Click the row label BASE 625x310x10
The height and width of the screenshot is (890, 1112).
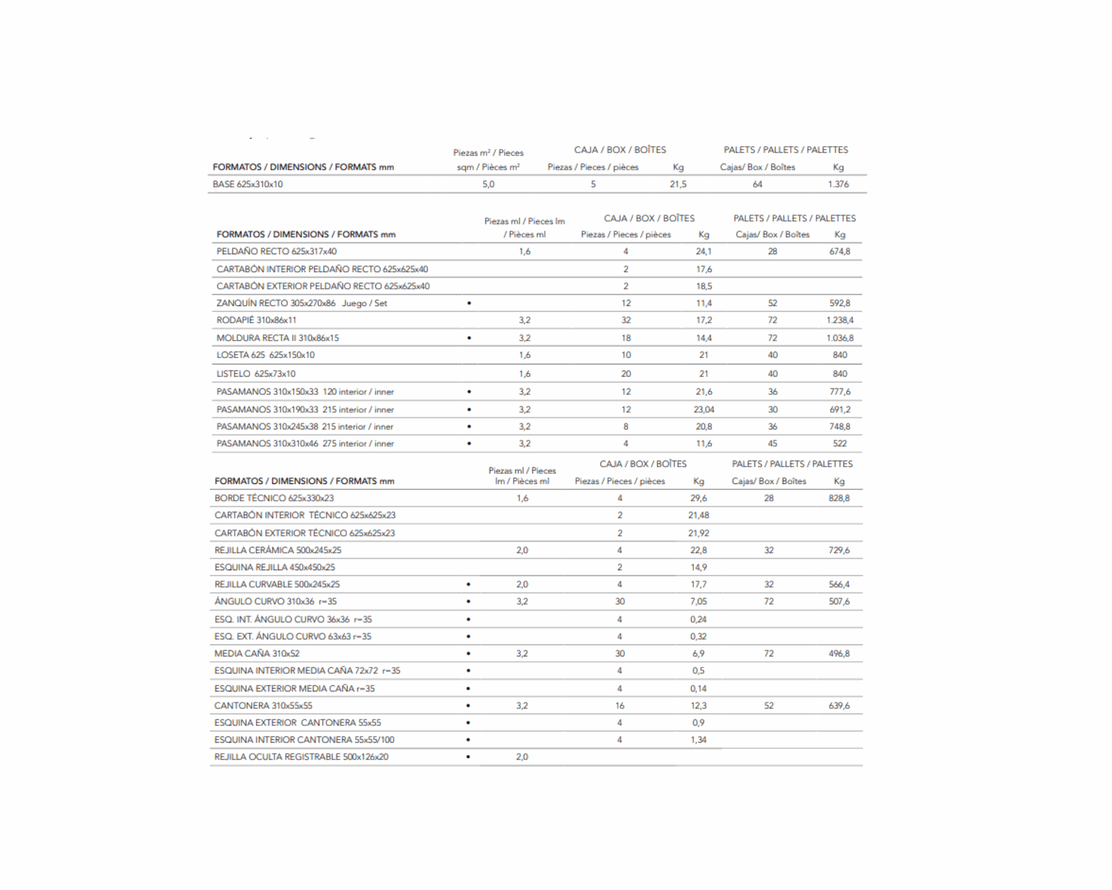pyautogui.click(x=247, y=184)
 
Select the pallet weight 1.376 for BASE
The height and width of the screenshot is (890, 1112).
pyautogui.click(x=838, y=184)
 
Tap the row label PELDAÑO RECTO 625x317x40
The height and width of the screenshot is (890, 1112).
pyautogui.click(x=276, y=251)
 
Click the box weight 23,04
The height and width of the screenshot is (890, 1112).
pyautogui.click(x=704, y=410)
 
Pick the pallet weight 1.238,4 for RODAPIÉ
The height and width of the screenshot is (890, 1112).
pyautogui.click(x=840, y=320)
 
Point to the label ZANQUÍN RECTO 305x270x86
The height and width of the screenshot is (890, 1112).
pyautogui.click(x=276, y=303)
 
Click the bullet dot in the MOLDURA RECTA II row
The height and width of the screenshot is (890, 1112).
pyautogui.click(x=469, y=338)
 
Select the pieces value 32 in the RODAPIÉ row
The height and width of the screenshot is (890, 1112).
pyautogui.click(x=625, y=320)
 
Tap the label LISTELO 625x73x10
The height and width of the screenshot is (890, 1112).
pyautogui.click(x=255, y=374)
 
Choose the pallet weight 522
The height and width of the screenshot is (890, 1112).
pyautogui.click(x=840, y=444)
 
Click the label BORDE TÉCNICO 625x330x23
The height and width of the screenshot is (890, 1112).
pyautogui.click(x=274, y=498)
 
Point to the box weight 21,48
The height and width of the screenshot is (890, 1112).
pyautogui.click(x=698, y=515)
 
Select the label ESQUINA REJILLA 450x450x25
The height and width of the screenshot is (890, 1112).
pyautogui.click(x=275, y=567)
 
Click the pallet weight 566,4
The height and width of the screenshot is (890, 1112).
pyautogui.click(x=839, y=585)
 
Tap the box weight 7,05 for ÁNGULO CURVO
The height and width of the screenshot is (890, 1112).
pyautogui.click(x=698, y=601)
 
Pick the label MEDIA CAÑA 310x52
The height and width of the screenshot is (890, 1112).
pyautogui.click(x=257, y=654)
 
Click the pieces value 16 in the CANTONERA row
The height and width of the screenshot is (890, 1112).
pyautogui.click(x=620, y=706)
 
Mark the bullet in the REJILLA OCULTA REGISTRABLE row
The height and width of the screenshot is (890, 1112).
pyautogui.click(x=468, y=757)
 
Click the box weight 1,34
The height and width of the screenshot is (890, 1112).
pyautogui.click(x=698, y=740)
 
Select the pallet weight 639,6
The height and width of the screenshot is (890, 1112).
pyautogui.click(x=839, y=706)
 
